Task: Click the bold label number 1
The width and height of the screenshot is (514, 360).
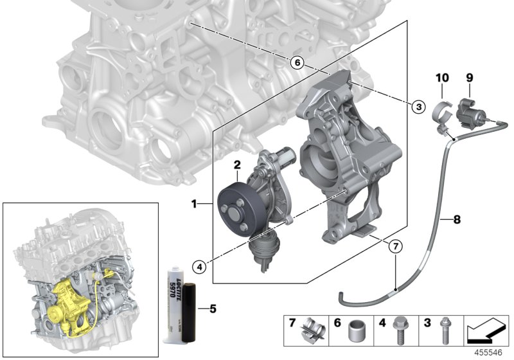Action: tap(193, 204)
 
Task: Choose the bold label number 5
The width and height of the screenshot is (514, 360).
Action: tap(213, 308)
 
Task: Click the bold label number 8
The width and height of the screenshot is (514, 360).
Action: tap(457, 220)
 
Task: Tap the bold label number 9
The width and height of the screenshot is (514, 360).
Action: tap(469, 78)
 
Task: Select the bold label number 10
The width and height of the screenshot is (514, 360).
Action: tap(441, 78)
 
